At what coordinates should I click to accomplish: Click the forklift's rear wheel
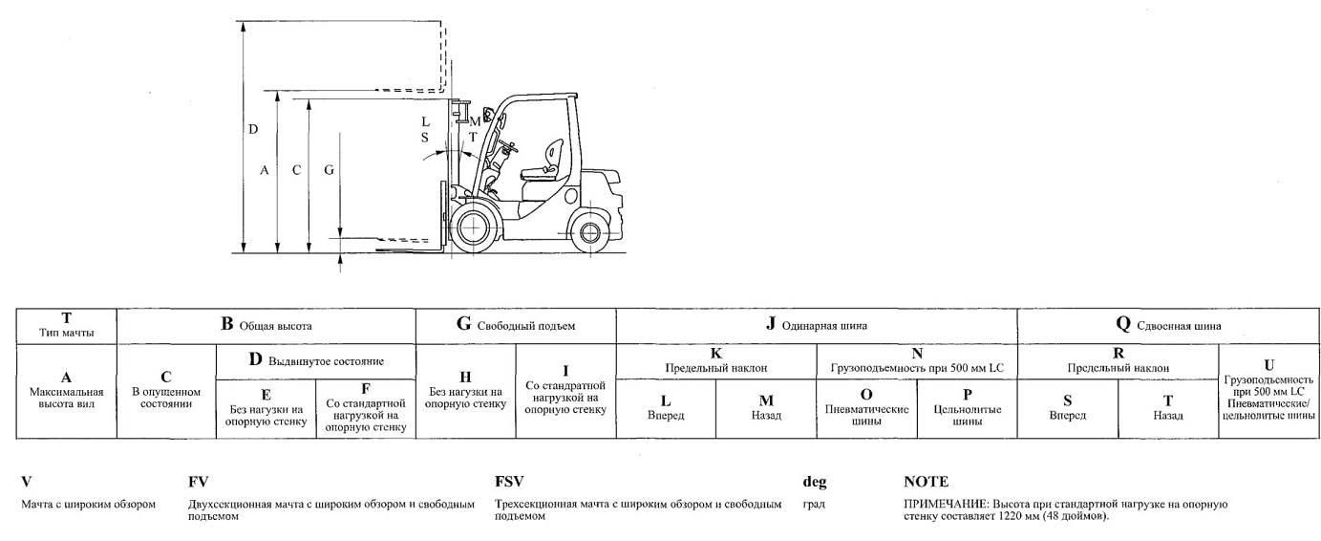(589, 232)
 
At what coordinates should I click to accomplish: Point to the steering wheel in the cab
(506, 145)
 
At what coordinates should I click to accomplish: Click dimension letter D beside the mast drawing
(253, 129)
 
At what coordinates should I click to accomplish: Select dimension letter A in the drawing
(265, 170)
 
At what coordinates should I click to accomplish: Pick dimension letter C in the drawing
(297, 170)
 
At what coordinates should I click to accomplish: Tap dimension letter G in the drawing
(330, 170)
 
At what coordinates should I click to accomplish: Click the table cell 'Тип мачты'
(67, 326)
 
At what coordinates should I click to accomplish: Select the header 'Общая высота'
(266, 326)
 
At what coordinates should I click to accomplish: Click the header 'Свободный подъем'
(516, 326)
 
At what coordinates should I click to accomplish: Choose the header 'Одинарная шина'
(817, 326)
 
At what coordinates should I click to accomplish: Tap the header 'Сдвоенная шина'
(1168, 326)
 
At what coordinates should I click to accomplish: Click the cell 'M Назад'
(766, 408)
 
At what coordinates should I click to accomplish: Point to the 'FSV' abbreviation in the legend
(509, 482)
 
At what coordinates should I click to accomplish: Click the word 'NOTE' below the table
(926, 482)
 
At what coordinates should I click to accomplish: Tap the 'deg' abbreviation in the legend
(815, 483)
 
